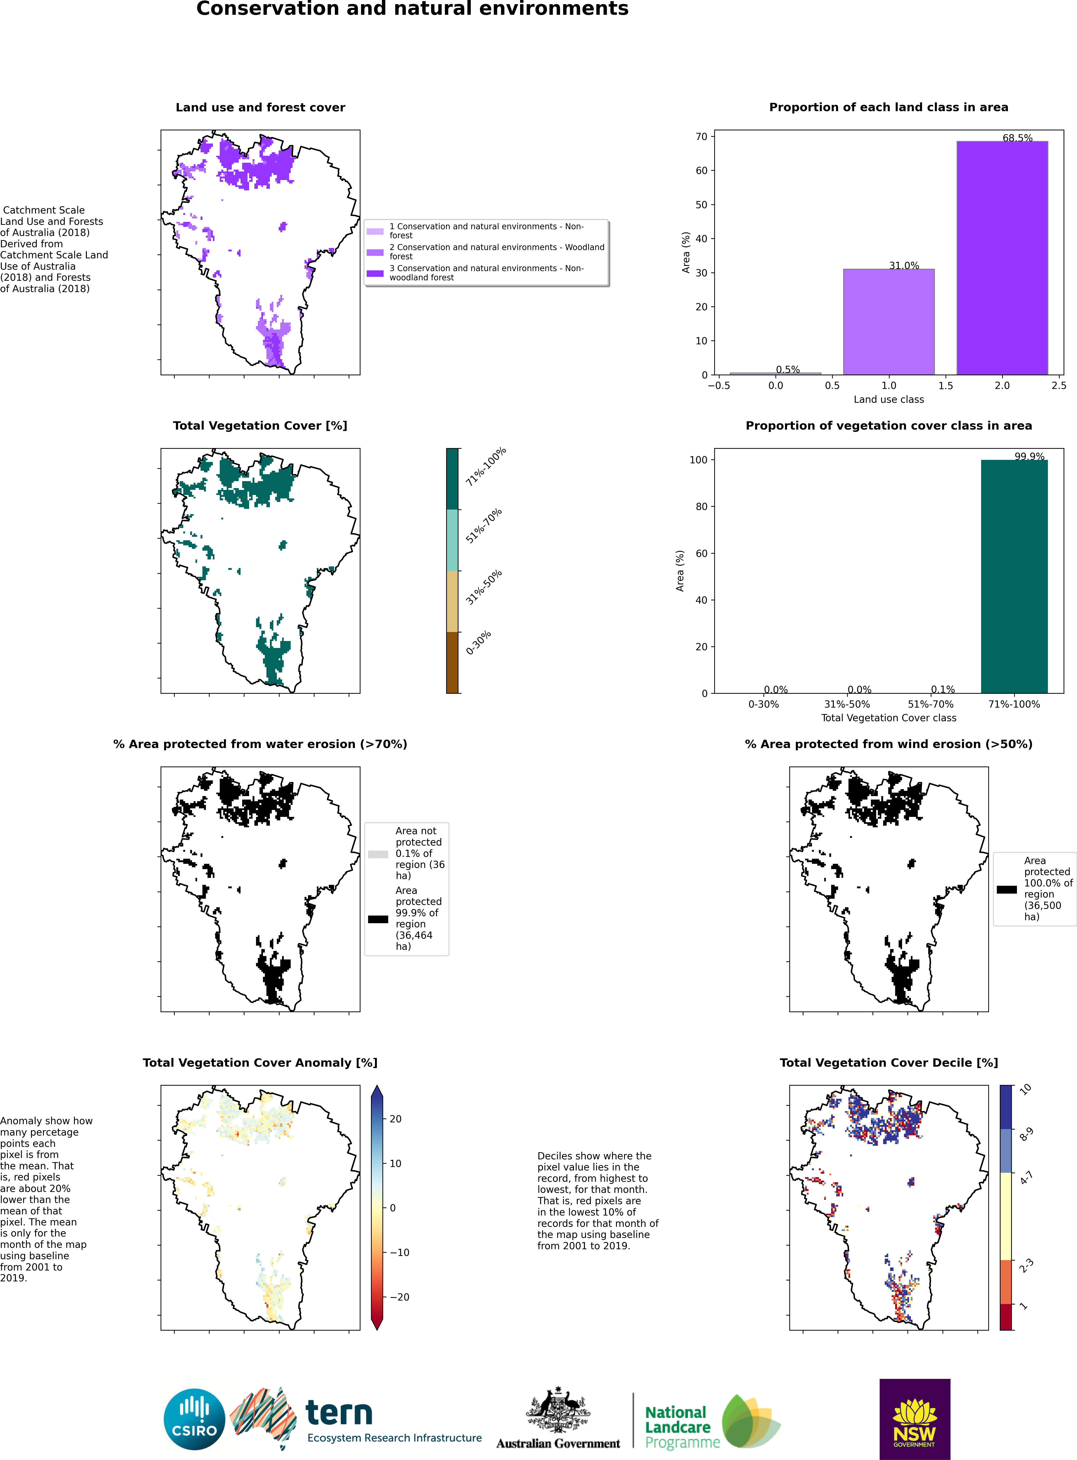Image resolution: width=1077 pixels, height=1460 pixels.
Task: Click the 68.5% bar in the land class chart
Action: [1002, 258]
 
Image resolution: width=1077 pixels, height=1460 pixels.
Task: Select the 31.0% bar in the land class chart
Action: [889, 321]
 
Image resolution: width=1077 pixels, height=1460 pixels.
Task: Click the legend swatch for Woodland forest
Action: [375, 252]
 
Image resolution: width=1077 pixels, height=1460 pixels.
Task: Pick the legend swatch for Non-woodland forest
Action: [375, 273]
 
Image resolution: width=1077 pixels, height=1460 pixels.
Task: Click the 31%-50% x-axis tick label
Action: [847, 704]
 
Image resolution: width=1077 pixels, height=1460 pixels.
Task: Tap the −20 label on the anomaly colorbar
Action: [400, 1297]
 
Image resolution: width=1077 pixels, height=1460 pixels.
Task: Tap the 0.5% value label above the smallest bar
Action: [787, 370]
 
